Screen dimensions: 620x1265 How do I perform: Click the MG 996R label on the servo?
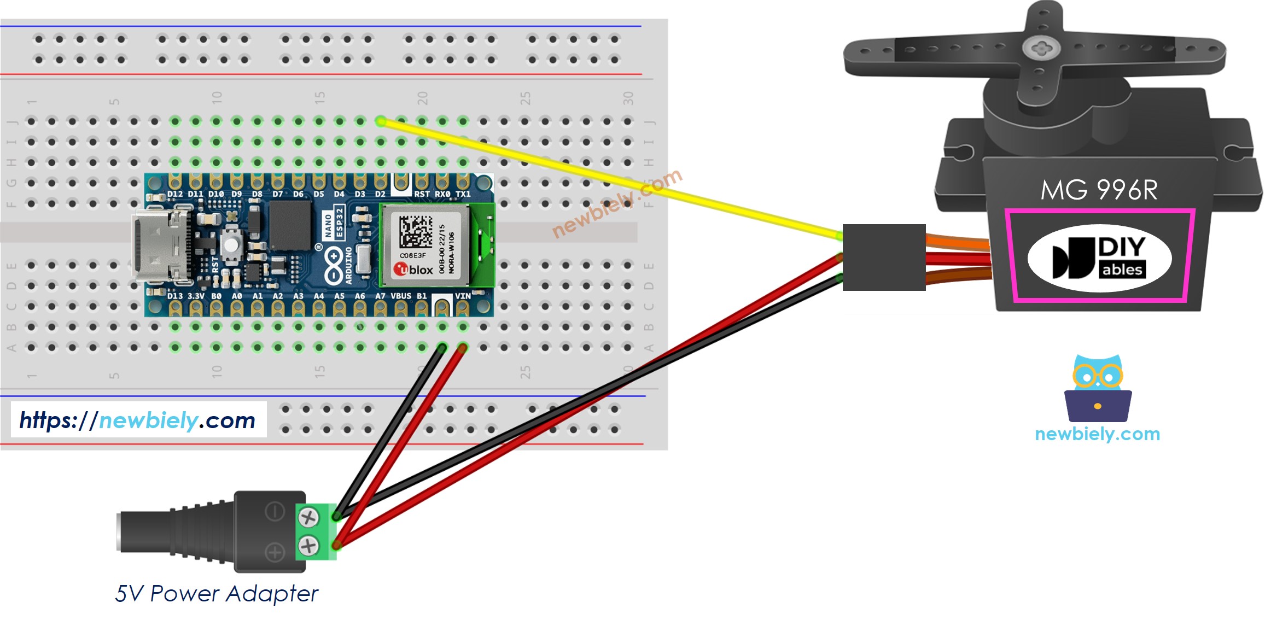pyautogui.click(x=1099, y=190)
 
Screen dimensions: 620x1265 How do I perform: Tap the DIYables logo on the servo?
pyautogui.click(x=1099, y=258)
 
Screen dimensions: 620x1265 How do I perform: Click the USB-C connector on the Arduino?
pyautogui.click(x=159, y=245)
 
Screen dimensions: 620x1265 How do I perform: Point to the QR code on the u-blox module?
pyautogui.click(x=416, y=231)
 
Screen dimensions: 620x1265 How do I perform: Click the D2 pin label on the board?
pyautogui.click(x=380, y=194)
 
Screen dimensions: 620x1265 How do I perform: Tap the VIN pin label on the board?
pyautogui.click(x=463, y=296)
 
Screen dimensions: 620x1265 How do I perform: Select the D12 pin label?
pyautogui.click(x=175, y=194)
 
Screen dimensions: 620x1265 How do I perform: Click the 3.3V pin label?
pyautogui.click(x=196, y=296)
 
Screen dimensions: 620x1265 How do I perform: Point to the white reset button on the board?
pyautogui.click(x=232, y=244)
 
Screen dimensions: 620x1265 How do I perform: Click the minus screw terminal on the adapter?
pyautogui.click(x=308, y=517)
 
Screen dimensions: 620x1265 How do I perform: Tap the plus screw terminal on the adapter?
pyautogui.click(x=308, y=545)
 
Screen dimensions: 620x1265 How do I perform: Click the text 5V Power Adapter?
pyautogui.click(x=217, y=594)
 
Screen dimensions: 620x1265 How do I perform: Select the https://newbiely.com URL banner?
pyautogui.click(x=138, y=420)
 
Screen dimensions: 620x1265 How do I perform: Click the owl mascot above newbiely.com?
pyautogui.click(x=1098, y=389)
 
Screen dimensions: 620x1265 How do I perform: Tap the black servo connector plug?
pyautogui.click(x=884, y=257)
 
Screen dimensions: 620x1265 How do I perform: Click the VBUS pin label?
pyautogui.click(x=401, y=296)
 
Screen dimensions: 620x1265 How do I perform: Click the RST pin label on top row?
pyautogui.click(x=421, y=194)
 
